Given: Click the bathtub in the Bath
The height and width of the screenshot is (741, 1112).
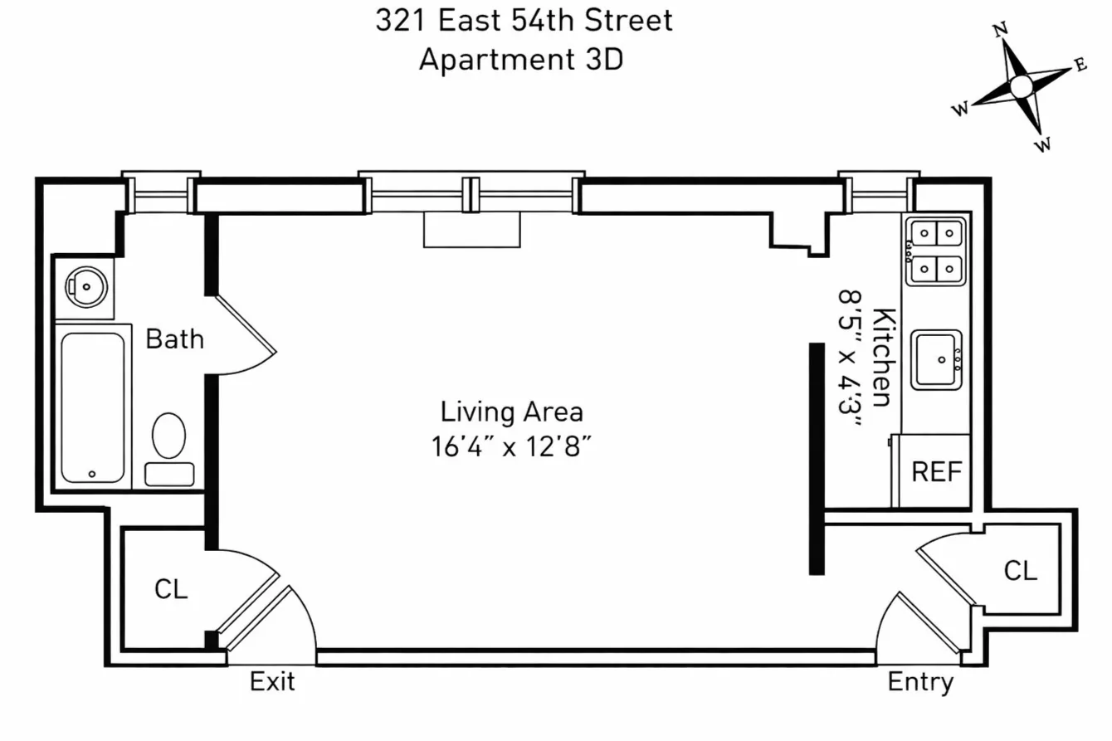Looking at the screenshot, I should click(x=92, y=407).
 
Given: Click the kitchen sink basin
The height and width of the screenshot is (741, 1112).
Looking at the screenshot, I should click(x=937, y=359).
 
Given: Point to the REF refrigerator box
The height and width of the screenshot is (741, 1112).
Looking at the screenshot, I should click(x=936, y=471).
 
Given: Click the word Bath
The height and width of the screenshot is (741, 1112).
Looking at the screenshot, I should click(x=174, y=339).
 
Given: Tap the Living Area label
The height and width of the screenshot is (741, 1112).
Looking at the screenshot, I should click(x=511, y=412).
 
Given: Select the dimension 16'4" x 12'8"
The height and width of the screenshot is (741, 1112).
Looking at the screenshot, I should click(x=511, y=446).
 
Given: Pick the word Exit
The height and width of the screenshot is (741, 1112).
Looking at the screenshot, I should click(x=272, y=682).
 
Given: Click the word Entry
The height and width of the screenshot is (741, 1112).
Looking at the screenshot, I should click(x=920, y=682).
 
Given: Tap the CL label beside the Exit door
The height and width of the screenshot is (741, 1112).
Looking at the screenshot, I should click(x=171, y=588).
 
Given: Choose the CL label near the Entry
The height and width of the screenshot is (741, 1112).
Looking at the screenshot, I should click(x=1020, y=571).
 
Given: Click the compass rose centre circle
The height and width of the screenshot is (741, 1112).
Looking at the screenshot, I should click(x=1022, y=85).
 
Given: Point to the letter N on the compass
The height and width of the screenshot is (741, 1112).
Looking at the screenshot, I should click(x=1000, y=31).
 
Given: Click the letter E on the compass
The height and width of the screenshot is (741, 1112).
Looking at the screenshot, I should click(x=1080, y=66).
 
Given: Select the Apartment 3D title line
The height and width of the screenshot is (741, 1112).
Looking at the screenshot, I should click(x=520, y=60).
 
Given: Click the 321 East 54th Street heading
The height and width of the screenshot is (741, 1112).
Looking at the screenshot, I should click(x=524, y=20).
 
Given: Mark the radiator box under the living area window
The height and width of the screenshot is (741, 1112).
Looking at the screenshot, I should click(x=471, y=230).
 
